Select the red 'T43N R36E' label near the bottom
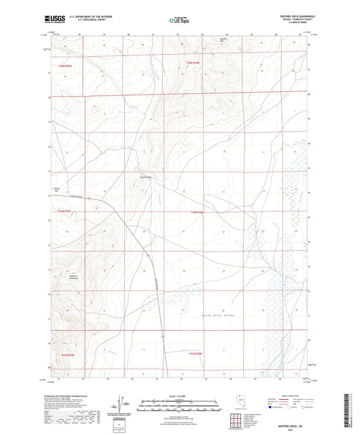195,352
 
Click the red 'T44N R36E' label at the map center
198,213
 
